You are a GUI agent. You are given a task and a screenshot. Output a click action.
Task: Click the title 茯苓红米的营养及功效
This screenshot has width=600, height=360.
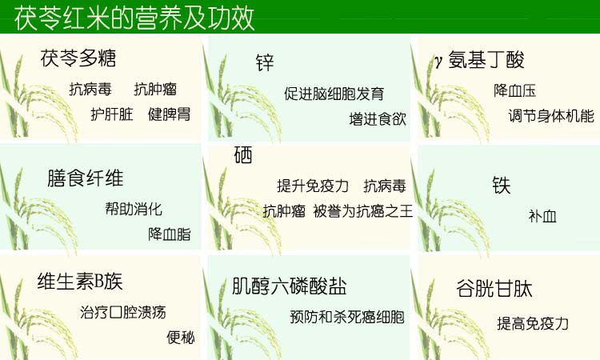[x=134, y=18]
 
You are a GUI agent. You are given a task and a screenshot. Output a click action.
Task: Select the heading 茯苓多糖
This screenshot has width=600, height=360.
[x=78, y=58]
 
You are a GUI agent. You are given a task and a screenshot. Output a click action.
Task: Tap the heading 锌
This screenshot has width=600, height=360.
[x=265, y=62]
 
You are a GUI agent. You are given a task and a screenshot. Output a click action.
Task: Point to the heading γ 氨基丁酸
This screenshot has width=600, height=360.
[x=479, y=60]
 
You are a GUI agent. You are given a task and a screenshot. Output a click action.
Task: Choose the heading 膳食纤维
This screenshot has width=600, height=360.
[x=86, y=178]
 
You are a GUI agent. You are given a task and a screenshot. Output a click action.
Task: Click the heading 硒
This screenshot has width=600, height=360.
[x=243, y=155]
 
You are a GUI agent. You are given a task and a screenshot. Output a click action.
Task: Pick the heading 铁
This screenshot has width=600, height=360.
[x=502, y=186]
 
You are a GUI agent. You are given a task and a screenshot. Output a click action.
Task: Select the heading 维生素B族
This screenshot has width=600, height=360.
[x=80, y=282]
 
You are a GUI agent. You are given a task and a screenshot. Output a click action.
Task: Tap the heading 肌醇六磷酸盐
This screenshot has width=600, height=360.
[x=290, y=286]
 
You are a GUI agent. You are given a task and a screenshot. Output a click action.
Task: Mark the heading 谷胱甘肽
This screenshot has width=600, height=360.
[x=494, y=289]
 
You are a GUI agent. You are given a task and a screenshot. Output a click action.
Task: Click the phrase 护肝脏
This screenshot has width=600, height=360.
[x=112, y=114]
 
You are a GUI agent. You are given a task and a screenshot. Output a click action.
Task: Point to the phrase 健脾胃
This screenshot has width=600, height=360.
[x=169, y=114]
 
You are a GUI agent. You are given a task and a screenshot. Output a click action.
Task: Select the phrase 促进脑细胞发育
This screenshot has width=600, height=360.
[x=334, y=94]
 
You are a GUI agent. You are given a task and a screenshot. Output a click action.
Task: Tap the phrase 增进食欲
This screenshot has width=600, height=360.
[x=378, y=119]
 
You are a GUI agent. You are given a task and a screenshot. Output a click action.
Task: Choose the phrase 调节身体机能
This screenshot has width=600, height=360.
[x=551, y=116]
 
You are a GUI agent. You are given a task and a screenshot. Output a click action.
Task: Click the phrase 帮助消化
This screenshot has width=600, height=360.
[x=134, y=209]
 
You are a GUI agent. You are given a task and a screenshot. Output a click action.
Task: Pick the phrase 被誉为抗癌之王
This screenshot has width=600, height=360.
[x=363, y=210]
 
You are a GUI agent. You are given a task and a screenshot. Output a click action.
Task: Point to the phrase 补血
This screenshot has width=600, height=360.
[x=542, y=217]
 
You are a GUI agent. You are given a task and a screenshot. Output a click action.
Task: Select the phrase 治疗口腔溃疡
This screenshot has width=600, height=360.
[x=123, y=312]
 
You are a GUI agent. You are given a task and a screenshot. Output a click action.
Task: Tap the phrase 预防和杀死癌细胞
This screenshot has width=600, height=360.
[x=347, y=317]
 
